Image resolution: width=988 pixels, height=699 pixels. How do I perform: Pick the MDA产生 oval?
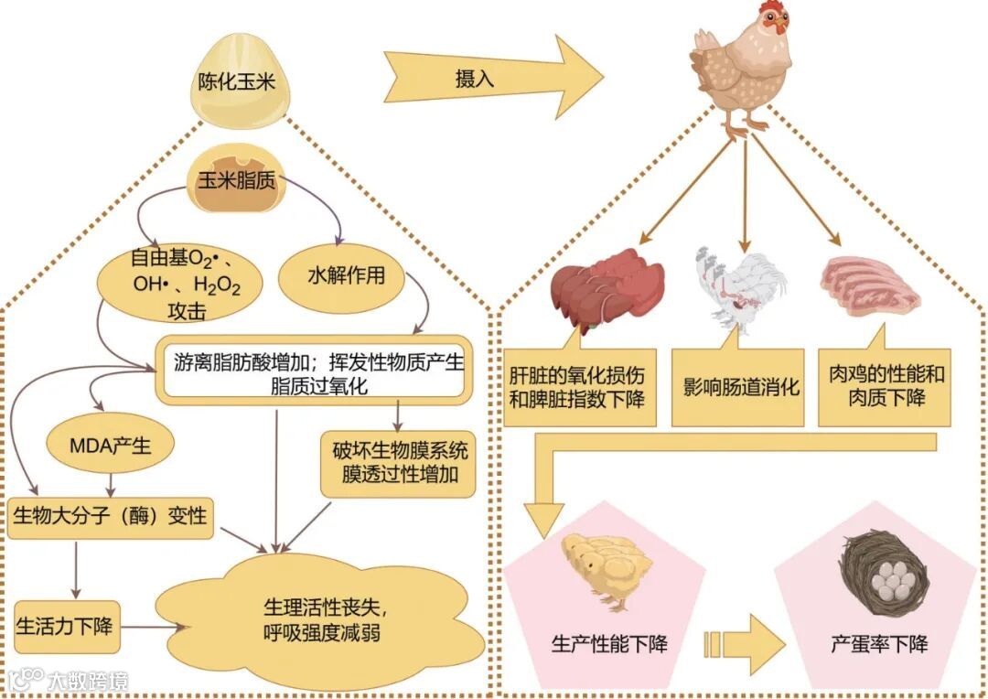pyautogui.click(x=111, y=446)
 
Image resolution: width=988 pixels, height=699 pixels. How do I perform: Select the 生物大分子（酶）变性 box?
pyautogui.click(x=110, y=518)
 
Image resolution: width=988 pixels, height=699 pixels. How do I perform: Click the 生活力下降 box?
pyautogui.click(x=66, y=627)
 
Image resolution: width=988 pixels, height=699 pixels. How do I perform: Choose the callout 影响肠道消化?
pyautogui.click(x=740, y=386)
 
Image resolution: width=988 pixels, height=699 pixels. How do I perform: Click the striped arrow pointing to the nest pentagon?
pyautogui.click(x=743, y=644)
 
